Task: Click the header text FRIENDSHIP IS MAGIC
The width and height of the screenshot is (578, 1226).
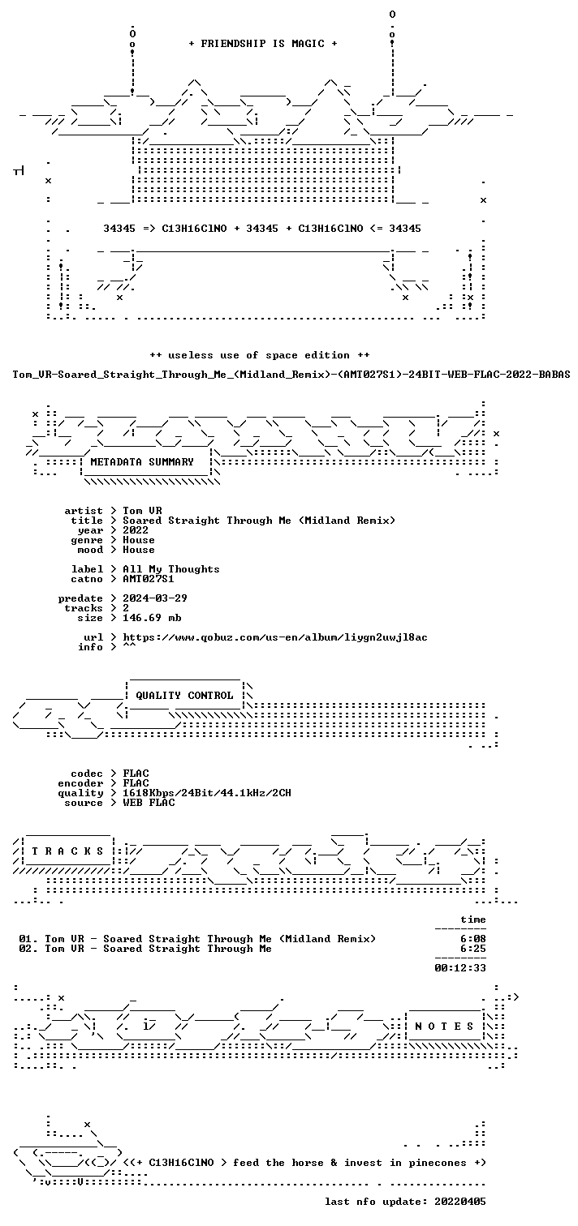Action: click(263, 44)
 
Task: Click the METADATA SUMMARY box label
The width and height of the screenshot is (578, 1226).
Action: click(142, 462)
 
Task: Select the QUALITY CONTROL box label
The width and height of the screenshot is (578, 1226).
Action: click(184, 696)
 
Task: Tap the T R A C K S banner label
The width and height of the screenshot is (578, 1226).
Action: click(67, 851)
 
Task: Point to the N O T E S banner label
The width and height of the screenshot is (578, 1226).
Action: click(444, 1027)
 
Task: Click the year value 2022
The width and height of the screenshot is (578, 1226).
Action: click(136, 530)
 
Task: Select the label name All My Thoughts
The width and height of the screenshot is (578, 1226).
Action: click(171, 569)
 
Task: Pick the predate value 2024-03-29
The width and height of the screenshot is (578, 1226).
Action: click(155, 598)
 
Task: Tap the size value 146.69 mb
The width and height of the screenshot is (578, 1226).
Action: click(152, 618)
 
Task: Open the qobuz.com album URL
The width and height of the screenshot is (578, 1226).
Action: click(275, 637)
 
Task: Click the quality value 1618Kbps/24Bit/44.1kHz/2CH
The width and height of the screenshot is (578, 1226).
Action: click(207, 793)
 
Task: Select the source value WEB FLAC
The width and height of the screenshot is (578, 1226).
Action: click(149, 803)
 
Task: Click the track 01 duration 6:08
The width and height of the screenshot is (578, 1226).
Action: click(472, 939)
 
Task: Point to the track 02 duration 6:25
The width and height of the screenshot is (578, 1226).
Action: click(472, 949)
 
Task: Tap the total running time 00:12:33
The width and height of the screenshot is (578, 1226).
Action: click(460, 968)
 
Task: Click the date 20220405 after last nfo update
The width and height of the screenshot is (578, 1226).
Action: click(460, 1202)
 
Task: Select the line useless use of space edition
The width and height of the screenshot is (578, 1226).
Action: click(260, 355)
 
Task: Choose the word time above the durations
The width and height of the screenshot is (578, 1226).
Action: click(472, 919)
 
